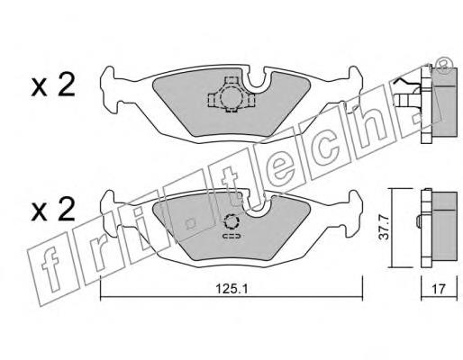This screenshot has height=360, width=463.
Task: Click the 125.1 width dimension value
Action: [x=231, y=290]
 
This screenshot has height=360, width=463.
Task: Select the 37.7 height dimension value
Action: [x=384, y=228]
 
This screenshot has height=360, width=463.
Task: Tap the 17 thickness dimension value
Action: [x=439, y=290]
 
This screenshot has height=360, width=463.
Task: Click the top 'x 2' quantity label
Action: [x=53, y=85]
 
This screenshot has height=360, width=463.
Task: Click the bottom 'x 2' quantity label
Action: [x=53, y=210]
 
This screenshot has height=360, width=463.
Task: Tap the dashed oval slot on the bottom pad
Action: [x=231, y=236]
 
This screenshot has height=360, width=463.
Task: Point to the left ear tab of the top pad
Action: [x=110, y=90]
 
